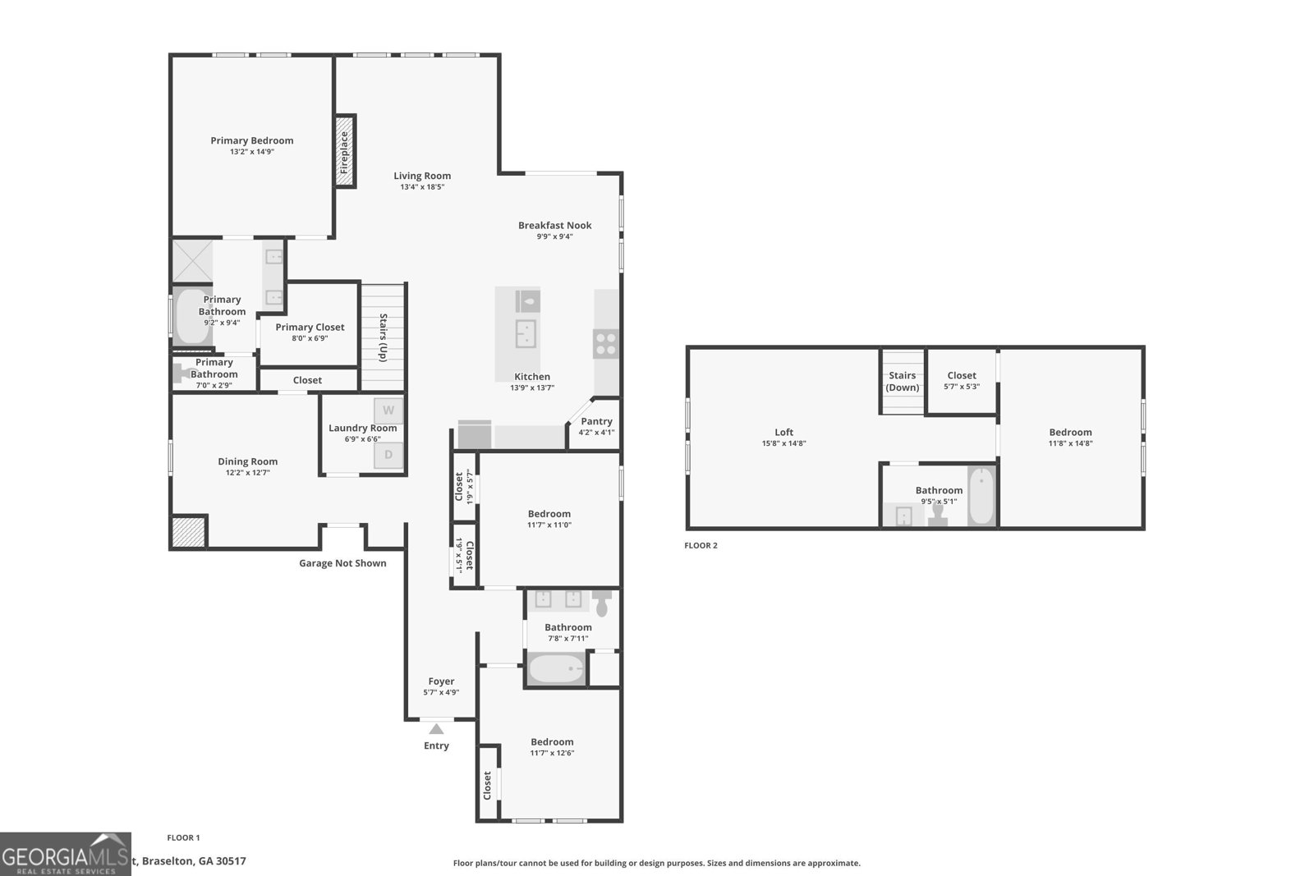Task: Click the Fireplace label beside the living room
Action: pyautogui.click(x=345, y=152)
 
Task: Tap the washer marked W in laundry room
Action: pyautogui.click(x=388, y=410)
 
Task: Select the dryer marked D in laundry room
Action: pyautogui.click(x=388, y=455)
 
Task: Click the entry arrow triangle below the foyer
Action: pyautogui.click(x=436, y=729)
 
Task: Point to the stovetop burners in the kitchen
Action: pyautogui.click(x=606, y=343)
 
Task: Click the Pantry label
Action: pyautogui.click(x=596, y=421)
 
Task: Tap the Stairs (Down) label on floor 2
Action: pyautogui.click(x=903, y=381)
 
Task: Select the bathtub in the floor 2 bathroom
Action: pyautogui.click(x=981, y=496)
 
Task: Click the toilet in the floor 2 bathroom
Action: pyautogui.click(x=938, y=515)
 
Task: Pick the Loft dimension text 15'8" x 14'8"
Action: pyautogui.click(x=783, y=443)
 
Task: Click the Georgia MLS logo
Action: pyautogui.click(x=65, y=854)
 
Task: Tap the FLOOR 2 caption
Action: pyautogui.click(x=701, y=545)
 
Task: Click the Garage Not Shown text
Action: pyautogui.click(x=342, y=563)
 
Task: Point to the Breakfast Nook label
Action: pyautogui.click(x=554, y=225)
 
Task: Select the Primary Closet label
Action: pyautogui.click(x=310, y=327)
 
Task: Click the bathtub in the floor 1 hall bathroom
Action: pyautogui.click(x=557, y=669)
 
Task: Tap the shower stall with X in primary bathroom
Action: pyautogui.click(x=191, y=261)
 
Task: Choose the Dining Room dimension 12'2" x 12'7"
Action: pyautogui.click(x=247, y=473)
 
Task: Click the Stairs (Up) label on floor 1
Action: pyautogui.click(x=383, y=337)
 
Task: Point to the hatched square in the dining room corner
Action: pyautogui.click(x=188, y=532)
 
